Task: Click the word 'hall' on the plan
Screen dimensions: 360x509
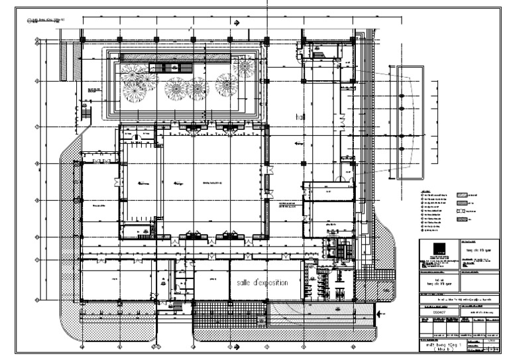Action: click(x=300, y=116)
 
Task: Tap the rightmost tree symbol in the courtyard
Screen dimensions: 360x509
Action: click(x=246, y=68)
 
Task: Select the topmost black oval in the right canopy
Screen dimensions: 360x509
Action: click(x=400, y=97)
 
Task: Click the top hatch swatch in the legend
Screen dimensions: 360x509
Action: click(x=462, y=194)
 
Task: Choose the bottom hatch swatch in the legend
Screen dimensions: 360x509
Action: click(x=462, y=218)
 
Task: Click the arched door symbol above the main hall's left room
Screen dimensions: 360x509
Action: click(x=134, y=137)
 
